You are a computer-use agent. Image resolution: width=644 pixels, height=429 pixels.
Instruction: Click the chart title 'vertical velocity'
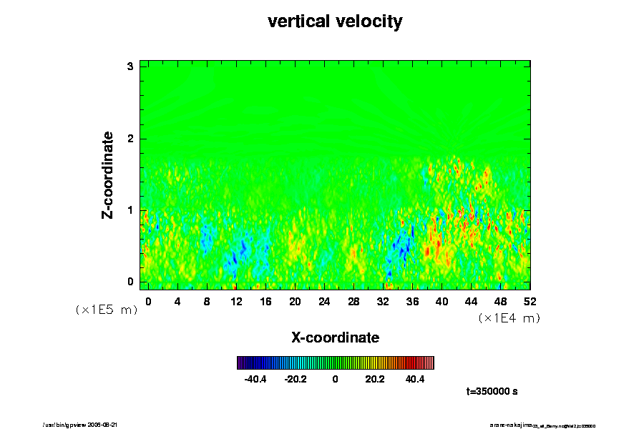tap(335, 21)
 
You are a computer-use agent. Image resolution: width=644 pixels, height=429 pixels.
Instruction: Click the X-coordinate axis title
tap(335, 337)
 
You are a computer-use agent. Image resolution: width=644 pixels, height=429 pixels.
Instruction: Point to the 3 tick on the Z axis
tap(131, 66)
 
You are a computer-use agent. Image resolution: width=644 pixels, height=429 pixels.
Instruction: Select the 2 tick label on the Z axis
tap(131, 139)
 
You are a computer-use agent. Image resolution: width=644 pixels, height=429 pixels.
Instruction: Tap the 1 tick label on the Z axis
tap(131, 210)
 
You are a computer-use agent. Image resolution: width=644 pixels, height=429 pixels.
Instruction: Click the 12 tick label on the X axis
tap(236, 301)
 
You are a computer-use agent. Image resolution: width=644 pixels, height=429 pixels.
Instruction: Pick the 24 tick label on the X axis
tap(324, 301)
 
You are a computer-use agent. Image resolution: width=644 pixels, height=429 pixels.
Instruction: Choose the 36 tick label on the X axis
tap(412, 301)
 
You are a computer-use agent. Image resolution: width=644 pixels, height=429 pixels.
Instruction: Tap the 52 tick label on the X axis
tap(530, 301)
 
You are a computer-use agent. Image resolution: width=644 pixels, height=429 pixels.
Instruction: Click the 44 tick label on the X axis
tap(471, 301)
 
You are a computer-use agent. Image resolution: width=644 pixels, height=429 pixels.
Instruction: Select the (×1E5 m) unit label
tap(107, 310)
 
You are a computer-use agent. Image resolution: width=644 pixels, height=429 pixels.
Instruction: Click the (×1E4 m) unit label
tap(509, 318)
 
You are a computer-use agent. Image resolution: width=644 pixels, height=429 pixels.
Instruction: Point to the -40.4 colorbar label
tap(255, 379)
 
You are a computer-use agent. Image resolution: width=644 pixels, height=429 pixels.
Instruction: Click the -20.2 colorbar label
tap(295, 379)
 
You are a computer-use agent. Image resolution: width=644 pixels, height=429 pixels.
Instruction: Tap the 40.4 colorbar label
tap(414, 379)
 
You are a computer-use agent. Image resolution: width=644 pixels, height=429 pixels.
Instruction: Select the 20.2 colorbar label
tap(375, 379)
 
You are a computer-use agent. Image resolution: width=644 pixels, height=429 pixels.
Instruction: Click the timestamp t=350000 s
tap(492, 392)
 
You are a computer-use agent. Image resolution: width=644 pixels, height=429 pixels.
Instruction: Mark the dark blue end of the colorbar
tap(240, 363)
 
